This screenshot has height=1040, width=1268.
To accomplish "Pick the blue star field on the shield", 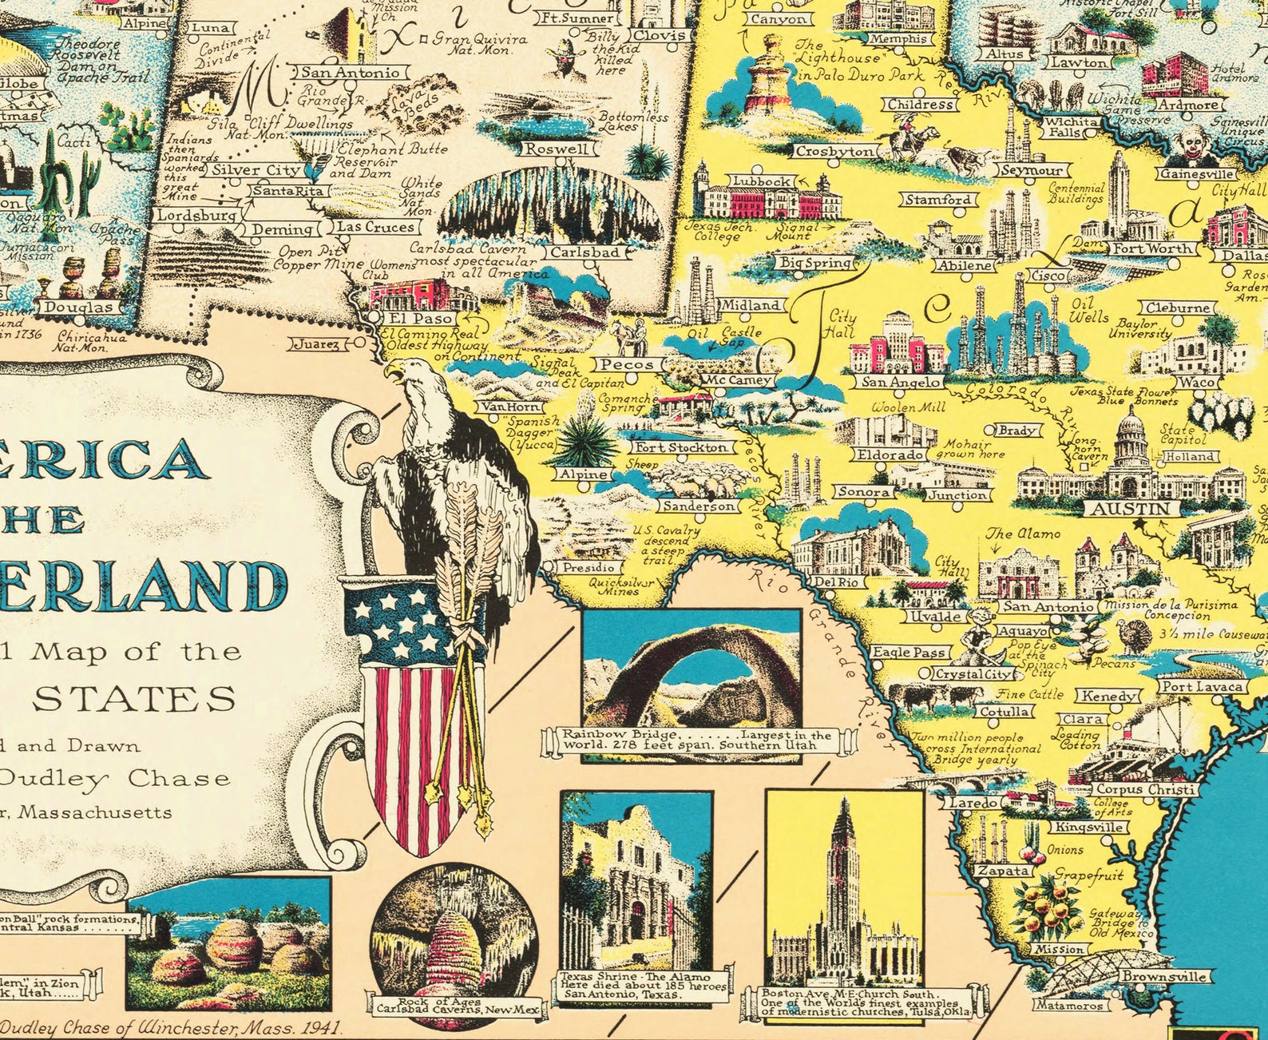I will click(394, 623).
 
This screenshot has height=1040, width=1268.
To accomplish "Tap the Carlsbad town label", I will click(585, 252).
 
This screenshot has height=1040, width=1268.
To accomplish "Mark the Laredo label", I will click(973, 802).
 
